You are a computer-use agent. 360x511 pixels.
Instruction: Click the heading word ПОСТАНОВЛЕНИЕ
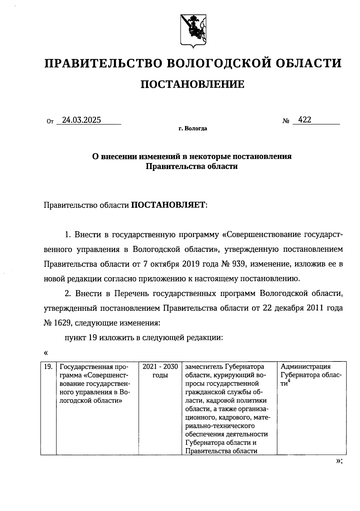193,84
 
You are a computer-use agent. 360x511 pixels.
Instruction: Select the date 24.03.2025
81,120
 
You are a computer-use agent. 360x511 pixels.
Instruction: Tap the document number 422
305,120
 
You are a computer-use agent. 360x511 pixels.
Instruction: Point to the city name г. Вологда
193,129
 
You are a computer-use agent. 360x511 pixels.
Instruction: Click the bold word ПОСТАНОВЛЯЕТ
169,205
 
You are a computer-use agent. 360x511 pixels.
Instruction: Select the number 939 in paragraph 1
239,264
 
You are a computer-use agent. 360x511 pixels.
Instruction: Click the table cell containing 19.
48,367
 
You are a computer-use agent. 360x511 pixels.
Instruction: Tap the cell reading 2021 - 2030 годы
160,371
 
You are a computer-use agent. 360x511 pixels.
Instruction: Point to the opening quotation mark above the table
46,352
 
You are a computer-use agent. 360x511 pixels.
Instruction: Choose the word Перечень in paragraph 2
131,293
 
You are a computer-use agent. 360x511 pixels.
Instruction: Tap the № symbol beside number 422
286,121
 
